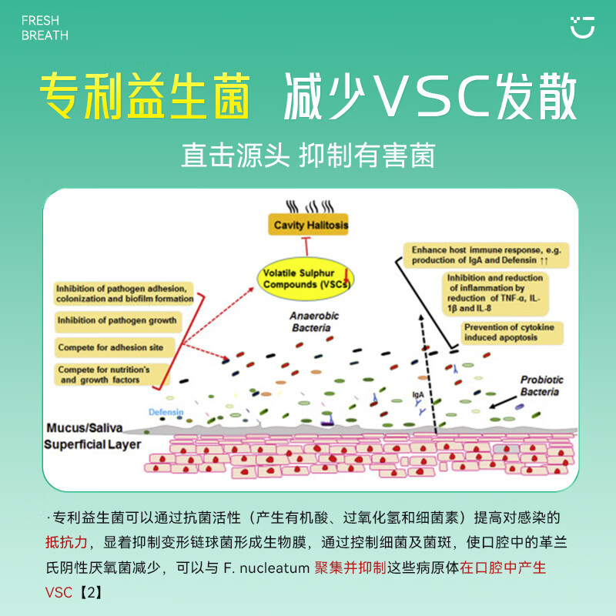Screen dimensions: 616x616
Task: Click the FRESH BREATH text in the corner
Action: tap(45, 28)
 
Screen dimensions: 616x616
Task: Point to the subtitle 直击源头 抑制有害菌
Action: tap(308, 156)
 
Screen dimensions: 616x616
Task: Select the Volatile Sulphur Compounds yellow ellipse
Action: tap(306, 279)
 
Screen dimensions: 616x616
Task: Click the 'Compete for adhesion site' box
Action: tap(111, 347)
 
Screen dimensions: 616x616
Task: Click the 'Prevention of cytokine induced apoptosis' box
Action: tap(512, 333)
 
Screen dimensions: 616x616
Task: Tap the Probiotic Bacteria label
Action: tap(541, 386)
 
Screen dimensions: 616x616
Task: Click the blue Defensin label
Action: tap(166, 413)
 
